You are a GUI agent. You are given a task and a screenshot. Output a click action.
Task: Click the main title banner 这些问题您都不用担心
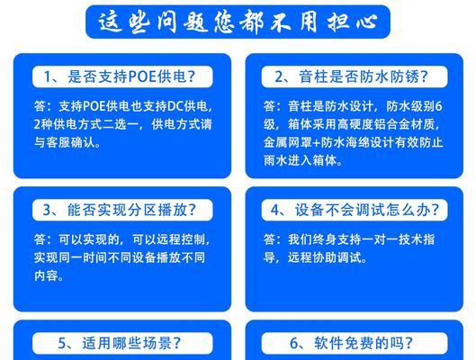[238, 22]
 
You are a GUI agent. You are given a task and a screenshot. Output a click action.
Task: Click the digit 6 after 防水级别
[438, 106]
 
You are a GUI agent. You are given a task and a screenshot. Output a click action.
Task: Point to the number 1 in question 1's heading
[48, 76]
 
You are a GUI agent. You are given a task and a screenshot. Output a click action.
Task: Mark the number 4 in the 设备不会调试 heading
[274, 210]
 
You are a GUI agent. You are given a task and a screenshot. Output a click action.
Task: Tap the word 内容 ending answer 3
[46, 275]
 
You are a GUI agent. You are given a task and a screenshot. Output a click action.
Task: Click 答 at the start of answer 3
[40, 239]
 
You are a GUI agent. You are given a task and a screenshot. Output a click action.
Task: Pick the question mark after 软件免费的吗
[409, 344]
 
